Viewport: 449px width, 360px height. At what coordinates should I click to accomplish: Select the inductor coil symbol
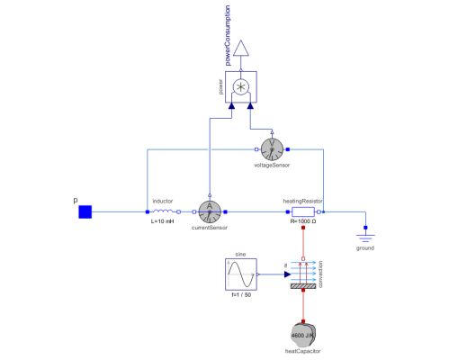click(x=163, y=212)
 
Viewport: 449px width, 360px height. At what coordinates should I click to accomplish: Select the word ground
click(x=364, y=247)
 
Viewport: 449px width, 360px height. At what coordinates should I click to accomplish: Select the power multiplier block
click(x=240, y=88)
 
